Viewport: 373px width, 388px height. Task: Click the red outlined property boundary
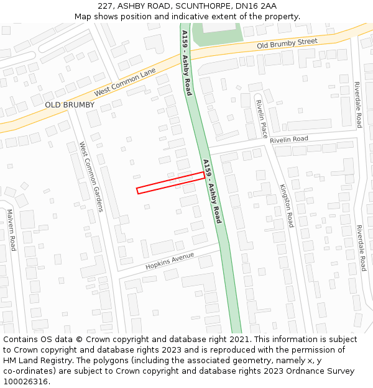[x=170, y=183]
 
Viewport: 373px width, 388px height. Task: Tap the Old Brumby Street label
[x=287, y=43]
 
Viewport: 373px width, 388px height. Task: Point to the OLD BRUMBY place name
[x=70, y=105]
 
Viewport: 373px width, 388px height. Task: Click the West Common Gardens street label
[x=91, y=176]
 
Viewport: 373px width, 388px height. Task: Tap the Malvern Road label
[x=12, y=230]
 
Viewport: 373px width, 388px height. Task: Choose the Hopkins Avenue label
[x=170, y=261]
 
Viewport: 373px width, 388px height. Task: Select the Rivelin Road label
[x=288, y=140]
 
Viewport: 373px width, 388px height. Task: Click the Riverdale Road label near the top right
[x=358, y=105]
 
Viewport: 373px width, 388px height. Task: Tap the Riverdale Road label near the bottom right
[x=361, y=248]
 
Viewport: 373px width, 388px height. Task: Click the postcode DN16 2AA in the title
[x=256, y=6]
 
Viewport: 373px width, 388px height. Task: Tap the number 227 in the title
[x=105, y=6]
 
